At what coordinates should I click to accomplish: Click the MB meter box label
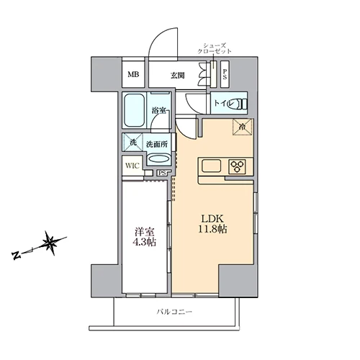[133, 75]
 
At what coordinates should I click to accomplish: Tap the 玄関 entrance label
[178, 76]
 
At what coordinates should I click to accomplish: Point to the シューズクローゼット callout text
[215, 48]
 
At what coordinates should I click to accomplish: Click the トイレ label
[223, 104]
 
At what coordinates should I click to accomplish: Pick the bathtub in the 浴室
[134, 110]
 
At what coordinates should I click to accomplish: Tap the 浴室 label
[158, 111]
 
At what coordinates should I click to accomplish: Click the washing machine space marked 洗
[132, 142]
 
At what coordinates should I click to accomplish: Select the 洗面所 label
[157, 145]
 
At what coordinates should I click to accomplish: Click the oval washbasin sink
[159, 159]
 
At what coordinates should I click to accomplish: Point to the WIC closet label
[132, 166]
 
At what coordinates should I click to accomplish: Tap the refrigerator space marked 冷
[243, 127]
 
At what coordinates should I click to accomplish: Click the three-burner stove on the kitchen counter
[238, 166]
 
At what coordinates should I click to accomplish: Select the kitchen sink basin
[212, 166]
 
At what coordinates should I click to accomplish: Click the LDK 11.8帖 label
[212, 224]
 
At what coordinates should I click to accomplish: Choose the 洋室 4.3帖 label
[145, 237]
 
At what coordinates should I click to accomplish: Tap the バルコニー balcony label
[174, 312]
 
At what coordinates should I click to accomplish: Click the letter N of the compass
[17, 255]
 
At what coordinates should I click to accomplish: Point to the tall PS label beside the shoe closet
[225, 74]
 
